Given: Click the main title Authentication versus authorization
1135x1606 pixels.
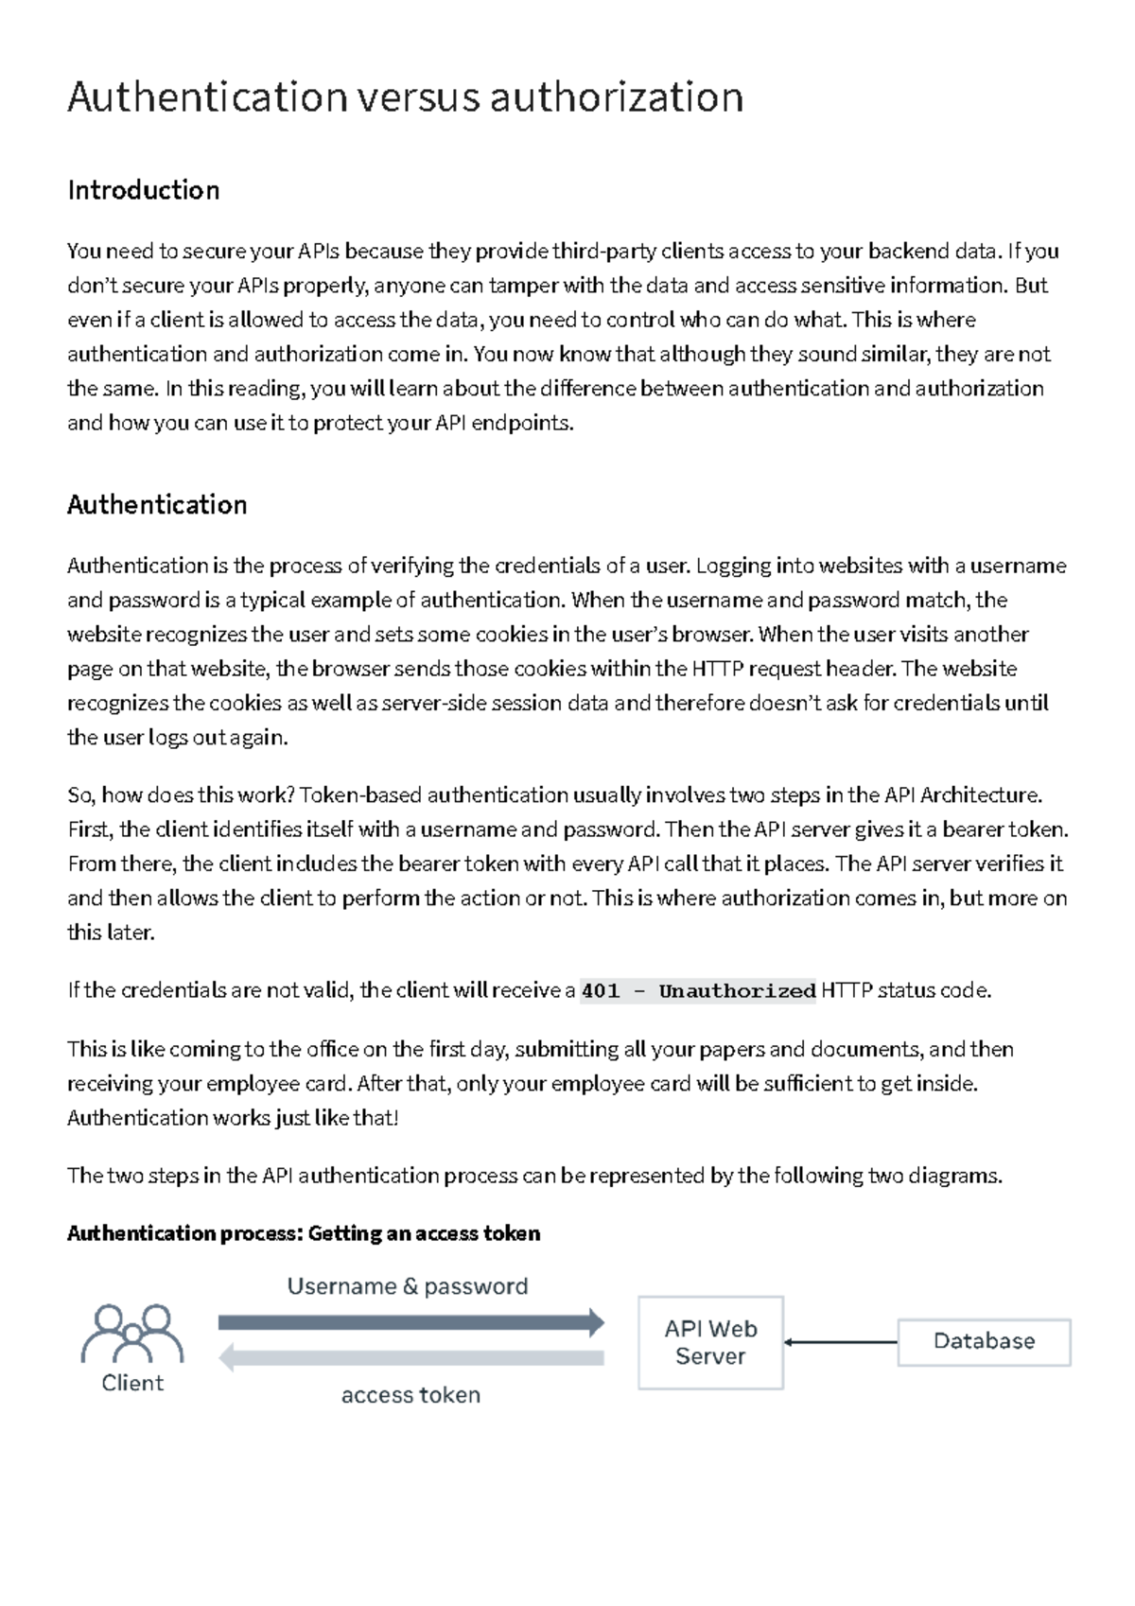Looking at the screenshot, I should click(x=405, y=97).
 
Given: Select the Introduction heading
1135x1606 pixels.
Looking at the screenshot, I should click(x=144, y=190).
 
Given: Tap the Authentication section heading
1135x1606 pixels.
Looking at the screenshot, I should click(x=157, y=505).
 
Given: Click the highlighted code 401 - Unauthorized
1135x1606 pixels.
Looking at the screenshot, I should click(x=698, y=991).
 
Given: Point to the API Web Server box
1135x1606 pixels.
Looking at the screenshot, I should click(x=710, y=1342).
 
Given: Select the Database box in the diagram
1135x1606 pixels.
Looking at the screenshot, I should click(x=984, y=1341).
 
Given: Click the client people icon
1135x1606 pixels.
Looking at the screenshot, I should click(x=132, y=1334).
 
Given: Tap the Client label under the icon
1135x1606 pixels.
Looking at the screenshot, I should click(x=132, y=1383).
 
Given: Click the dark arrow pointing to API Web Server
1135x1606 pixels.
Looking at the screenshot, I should click(x=410, y=1322).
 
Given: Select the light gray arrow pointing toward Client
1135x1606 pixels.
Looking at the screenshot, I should click(x=410, y=1358).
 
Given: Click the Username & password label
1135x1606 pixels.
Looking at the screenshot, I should click(x=408, y=1286).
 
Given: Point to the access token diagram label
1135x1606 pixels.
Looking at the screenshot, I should click(x=410, y=1395).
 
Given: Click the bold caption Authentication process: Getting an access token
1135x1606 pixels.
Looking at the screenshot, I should click(x=304, y=1233).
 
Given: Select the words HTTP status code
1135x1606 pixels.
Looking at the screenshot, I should click(x=905, y=991).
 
